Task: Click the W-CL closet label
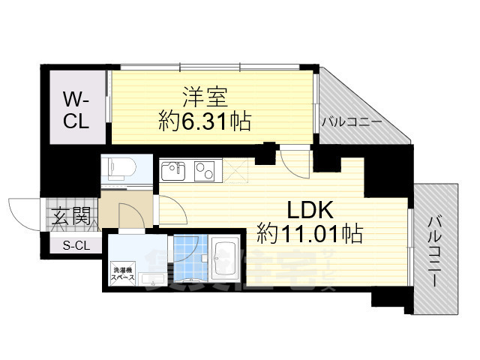coord(76,109)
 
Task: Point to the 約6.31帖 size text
coord(205,121)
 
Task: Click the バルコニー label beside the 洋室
coord(351,121)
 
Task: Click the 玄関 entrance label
coord(73,217)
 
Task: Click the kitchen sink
coord(174,171)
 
